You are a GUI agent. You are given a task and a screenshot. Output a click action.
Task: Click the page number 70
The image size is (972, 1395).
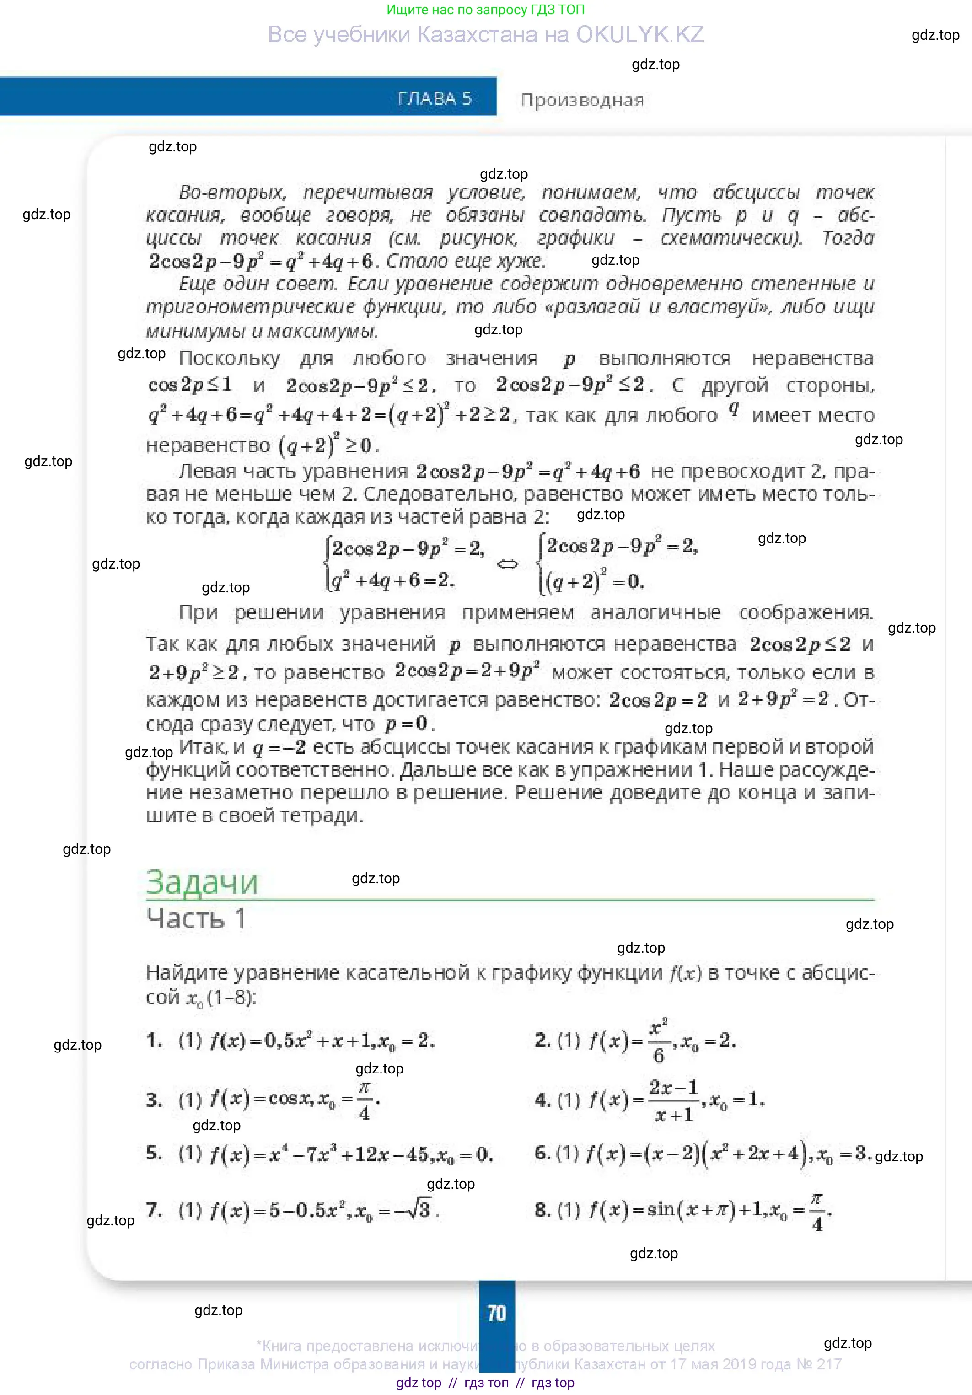(x=496, y=1313)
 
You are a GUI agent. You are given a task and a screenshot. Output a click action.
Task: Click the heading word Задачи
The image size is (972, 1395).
(x=202, y=882)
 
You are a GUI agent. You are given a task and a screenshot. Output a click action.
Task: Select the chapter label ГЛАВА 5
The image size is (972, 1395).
(x=435, y=98)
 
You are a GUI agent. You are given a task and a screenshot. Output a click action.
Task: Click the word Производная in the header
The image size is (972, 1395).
(x=582, y=100)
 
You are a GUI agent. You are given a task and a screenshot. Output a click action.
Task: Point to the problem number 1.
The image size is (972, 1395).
(x=154, y=1040)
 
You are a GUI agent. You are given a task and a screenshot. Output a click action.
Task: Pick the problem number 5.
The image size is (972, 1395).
(x=154, y=1153)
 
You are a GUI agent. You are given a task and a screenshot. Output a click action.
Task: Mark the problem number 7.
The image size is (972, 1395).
(x=154, y=1210)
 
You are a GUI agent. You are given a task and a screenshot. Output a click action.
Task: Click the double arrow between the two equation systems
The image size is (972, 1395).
(x=507, y=565)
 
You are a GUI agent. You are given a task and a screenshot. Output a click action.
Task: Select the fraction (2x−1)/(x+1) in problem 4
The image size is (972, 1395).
(x=673, y=1100)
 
